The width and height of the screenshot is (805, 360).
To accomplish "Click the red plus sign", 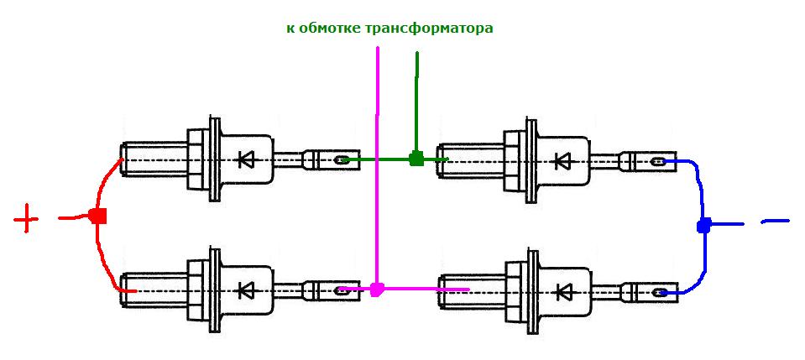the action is (x=26, y=219).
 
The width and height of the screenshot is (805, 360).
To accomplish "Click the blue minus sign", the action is (x=776, y=222).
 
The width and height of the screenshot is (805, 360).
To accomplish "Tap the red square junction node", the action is (x=97, y=216).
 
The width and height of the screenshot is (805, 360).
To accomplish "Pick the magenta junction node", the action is (x=377, y=290).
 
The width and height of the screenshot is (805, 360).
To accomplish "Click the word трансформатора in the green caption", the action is (x=429, y=28).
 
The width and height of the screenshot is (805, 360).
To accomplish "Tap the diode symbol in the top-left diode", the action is (x=246, y=159).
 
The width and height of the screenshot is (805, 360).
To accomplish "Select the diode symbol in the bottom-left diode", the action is (x=246, y=290).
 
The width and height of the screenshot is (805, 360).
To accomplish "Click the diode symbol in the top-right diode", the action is (x=563, y=161).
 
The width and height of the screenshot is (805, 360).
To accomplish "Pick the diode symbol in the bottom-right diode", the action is (x=563, y=292).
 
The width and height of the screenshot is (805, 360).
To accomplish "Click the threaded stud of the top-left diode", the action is (x=154, y=159).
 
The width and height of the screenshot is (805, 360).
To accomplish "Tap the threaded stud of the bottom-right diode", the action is (x=471, y=292).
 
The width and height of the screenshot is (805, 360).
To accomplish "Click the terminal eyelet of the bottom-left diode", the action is (x=341, y=290).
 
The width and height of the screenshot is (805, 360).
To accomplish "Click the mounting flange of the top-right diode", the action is (x=532, y=159).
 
